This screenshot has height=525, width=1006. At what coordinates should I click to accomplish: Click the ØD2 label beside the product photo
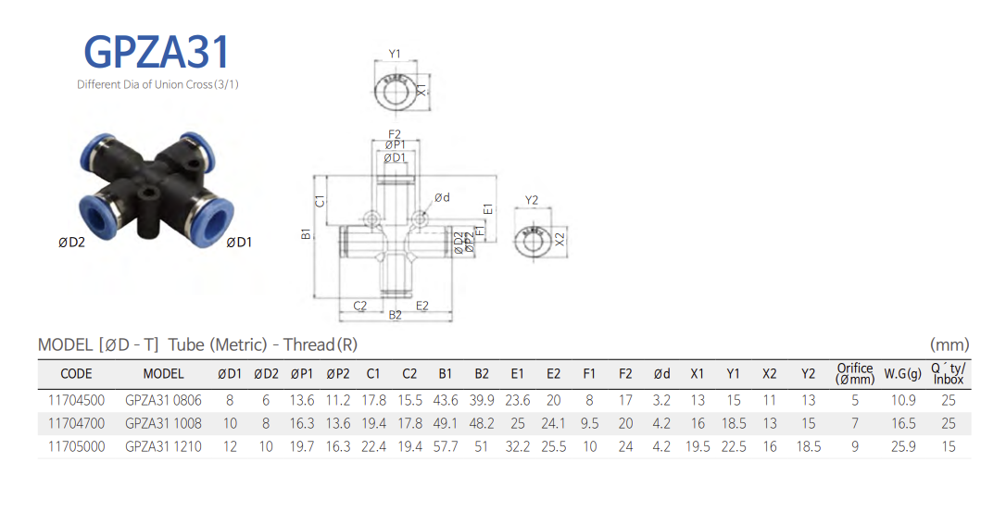pyautogui.click(x=71, y=243)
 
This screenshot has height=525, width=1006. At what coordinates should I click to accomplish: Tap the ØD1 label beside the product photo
pyautogui.click(x=239, y=243)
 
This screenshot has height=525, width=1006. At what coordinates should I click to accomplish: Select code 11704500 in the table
pyautogui.click(x=76, y=400)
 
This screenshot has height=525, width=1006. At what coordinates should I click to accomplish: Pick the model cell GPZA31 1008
pyautogui.click(x=163, y=423)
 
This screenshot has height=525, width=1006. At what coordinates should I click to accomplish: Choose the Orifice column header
pyautogui.click(x=854, y=374)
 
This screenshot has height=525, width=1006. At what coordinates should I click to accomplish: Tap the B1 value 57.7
pyautogui.click(x=446, y=446)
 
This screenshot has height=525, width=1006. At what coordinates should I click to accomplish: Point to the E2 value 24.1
pyautogui.click(x=553, y=423)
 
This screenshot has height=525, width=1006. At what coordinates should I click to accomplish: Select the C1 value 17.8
pyautogui.click(x=373, y=400)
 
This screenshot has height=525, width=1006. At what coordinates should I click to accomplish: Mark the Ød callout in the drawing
pyautogui.click(x=442, y=197)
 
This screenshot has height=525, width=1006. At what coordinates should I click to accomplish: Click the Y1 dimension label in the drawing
pyautogui.click(x=395, y=54)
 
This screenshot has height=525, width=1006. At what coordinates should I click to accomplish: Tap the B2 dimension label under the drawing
pyautogui.click(x=396, y=316)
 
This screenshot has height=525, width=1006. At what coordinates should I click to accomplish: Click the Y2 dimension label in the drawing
pyautogui.click(x=532, y=200)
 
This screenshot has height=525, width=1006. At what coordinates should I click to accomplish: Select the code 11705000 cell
pyautogui.click(x=76, y=446)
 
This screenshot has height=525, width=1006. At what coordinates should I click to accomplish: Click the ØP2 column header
pyautogui.click(x=338, y=374)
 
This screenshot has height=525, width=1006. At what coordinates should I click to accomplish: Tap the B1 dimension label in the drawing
pyautogui.click(x=307, y=235)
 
